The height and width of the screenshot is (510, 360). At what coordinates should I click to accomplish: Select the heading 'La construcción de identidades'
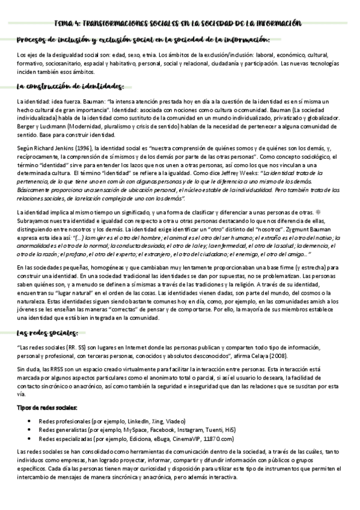click(70, 85)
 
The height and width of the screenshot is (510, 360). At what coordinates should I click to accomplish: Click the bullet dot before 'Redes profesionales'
click(29, 422)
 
